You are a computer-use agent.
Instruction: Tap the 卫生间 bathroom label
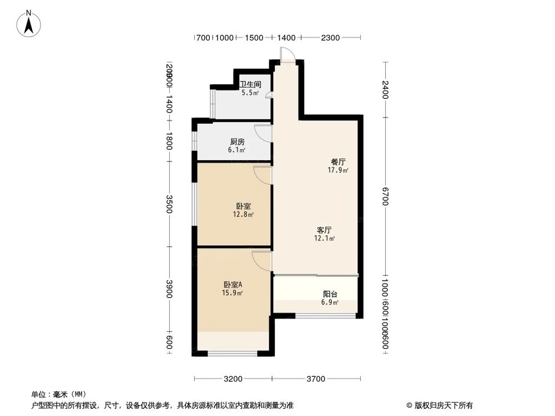click(248, 85)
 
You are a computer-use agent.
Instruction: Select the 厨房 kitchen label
click(238, 142)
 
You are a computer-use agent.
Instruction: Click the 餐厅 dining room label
click(339, 162)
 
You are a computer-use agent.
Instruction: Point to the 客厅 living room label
click(325, 230)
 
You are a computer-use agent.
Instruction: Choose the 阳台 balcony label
click(331, 295)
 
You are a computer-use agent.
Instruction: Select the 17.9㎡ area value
click(338, 170)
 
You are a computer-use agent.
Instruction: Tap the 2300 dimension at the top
click(330, 38)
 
